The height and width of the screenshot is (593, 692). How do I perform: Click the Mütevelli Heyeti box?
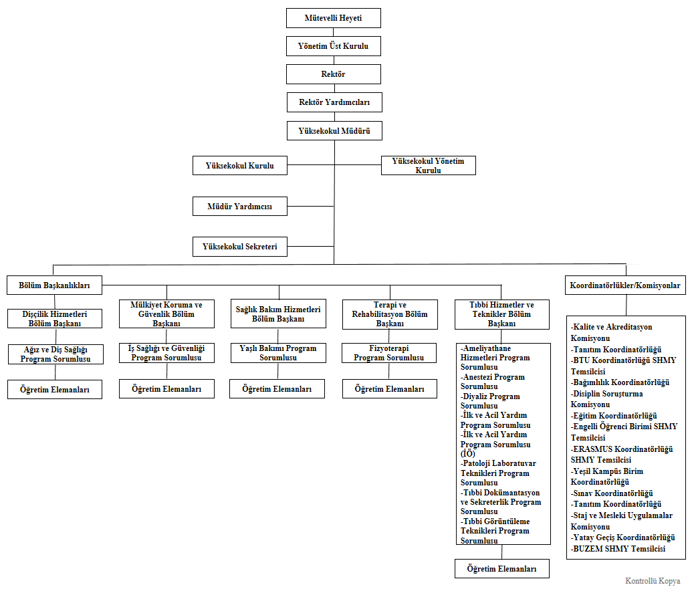(x=333, y=18)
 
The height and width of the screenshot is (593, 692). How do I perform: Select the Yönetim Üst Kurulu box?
(x=333, y=46)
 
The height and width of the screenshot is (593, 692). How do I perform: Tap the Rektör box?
(x=333, y=74)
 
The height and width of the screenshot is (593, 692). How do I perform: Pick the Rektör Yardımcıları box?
(x=333, y=102)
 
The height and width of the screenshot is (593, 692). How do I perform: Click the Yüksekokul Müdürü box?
(x=334, y=130)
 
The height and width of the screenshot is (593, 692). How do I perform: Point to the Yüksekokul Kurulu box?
(x=239, y=165)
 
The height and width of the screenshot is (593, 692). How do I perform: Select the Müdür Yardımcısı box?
(x=239, y=207)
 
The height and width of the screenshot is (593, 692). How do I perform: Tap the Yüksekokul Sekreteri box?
(x=239, y=247)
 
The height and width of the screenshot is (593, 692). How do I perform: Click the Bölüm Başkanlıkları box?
(x=54, y=285)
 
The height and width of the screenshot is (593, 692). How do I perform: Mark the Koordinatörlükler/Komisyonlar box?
(x=625, y=285)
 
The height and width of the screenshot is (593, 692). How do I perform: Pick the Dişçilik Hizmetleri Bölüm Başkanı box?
(x=55, y=318)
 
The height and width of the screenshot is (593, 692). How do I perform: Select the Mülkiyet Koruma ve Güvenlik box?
(x=166, y=314)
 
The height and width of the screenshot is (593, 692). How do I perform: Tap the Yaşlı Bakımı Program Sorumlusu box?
(x=278, y=353)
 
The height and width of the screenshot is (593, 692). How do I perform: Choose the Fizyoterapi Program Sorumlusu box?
(x=389, y=353)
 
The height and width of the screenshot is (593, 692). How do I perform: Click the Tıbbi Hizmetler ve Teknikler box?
(x=502, y=314)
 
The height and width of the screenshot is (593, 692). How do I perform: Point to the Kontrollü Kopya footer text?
(x=652, y=580)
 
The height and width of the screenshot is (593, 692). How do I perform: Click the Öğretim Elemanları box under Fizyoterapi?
(x=389, y=388)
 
